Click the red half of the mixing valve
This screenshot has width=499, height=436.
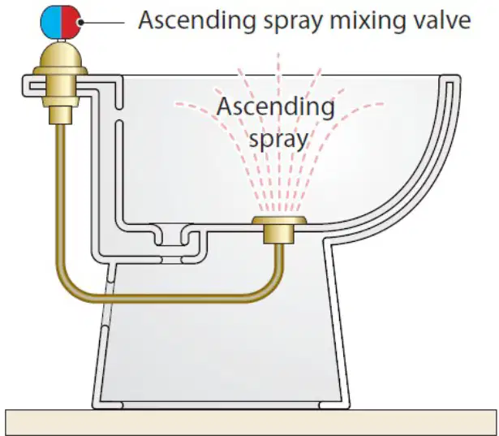71,22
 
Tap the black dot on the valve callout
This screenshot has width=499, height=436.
81,22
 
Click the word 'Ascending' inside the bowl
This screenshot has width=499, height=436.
276,107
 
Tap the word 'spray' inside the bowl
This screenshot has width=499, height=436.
278,139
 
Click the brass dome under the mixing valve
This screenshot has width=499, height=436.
61,58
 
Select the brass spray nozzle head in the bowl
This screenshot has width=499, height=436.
279,220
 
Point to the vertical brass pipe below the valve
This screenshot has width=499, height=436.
61,191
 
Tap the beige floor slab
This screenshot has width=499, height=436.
252,422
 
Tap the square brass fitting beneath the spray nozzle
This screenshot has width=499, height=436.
279,234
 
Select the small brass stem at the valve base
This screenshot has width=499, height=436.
61,115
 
